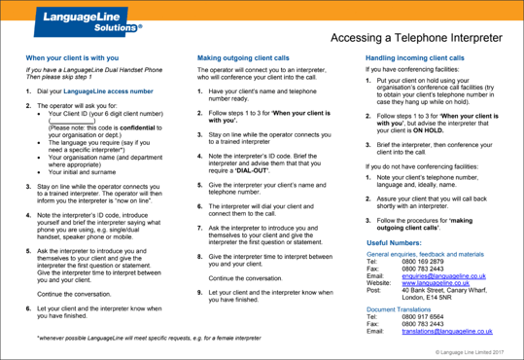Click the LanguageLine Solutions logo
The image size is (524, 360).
pos(79,21)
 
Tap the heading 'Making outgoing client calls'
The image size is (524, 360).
pos(242,59)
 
